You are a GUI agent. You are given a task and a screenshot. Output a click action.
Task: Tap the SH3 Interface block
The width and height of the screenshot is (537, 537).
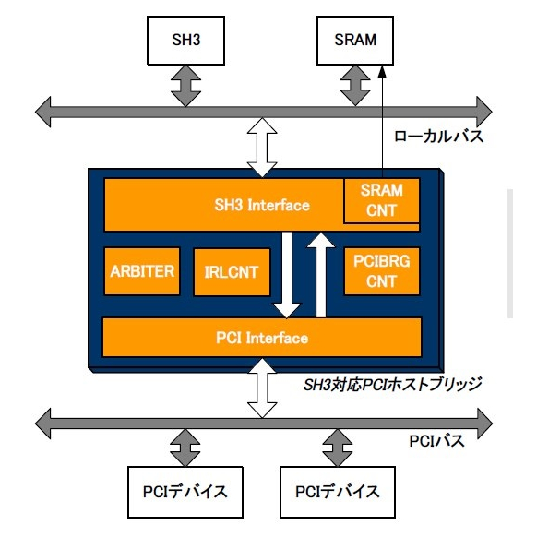click(221, 205)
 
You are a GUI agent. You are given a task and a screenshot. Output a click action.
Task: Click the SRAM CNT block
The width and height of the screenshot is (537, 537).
click(381, 200)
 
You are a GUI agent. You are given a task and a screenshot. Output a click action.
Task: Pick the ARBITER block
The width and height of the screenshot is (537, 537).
click(141, 270)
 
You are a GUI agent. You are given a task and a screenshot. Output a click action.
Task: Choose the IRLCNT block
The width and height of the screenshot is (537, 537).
click(231, 271)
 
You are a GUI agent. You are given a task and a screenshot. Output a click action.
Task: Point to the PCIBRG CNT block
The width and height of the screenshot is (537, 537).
click(381, 270)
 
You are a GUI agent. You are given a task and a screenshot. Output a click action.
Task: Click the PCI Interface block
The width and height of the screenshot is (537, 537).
click(261, 338)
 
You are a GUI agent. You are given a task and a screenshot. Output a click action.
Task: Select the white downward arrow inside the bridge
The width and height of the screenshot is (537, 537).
click(288, 273)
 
